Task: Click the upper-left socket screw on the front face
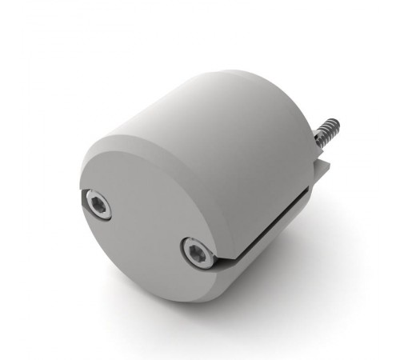coord(97,206)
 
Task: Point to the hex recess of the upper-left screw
coord(97,206)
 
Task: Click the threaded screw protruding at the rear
coord(328,134)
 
